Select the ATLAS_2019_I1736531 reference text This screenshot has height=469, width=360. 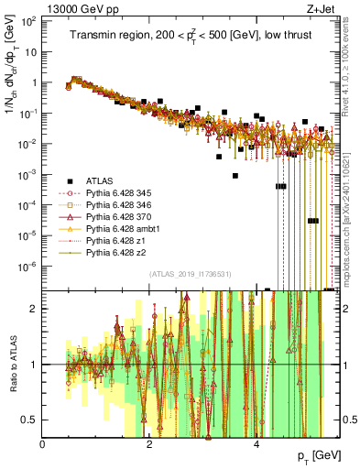click(x=191, y=273)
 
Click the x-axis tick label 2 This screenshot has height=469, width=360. click(x=150, y=442)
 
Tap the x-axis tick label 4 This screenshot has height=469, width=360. click(x=256, y=442)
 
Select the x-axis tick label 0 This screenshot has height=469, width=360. click(x=43, y=442)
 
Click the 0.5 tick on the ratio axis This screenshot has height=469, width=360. click(x=32, y=420)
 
